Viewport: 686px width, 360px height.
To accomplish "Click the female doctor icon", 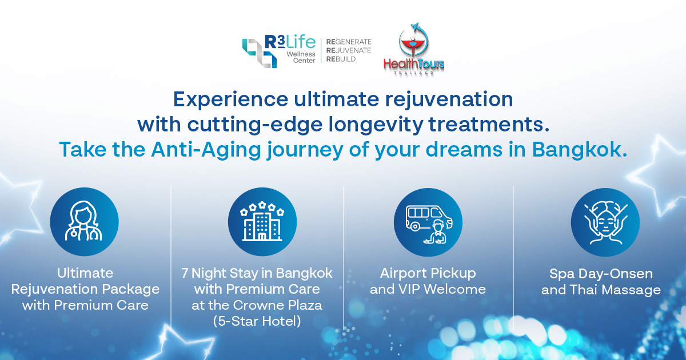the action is point(83,221).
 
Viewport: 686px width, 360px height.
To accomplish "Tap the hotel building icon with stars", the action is point(262,221).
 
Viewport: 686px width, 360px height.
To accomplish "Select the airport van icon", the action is point(428,224).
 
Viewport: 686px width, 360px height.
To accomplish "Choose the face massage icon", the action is point(605,223).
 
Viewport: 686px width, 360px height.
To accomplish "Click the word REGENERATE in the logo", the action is point(349,42).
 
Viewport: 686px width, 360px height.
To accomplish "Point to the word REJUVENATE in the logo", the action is point(349,50).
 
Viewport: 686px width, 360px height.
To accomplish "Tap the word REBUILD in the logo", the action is point(341,59).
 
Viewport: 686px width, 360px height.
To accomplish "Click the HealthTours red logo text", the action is point(414,64).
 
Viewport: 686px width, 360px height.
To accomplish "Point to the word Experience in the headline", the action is point(230,99).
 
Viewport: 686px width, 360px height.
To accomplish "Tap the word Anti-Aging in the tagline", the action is point(206,150).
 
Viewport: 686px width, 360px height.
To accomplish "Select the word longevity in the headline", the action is point(376,125).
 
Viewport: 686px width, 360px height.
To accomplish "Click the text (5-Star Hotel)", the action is point(257,321).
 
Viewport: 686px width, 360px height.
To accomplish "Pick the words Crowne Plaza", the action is point(277,305).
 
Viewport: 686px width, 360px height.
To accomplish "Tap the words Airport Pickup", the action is point(428,273).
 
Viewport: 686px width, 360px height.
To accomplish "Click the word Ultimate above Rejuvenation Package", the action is point(85,273).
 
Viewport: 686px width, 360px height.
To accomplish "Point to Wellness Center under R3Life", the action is point(301,57).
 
